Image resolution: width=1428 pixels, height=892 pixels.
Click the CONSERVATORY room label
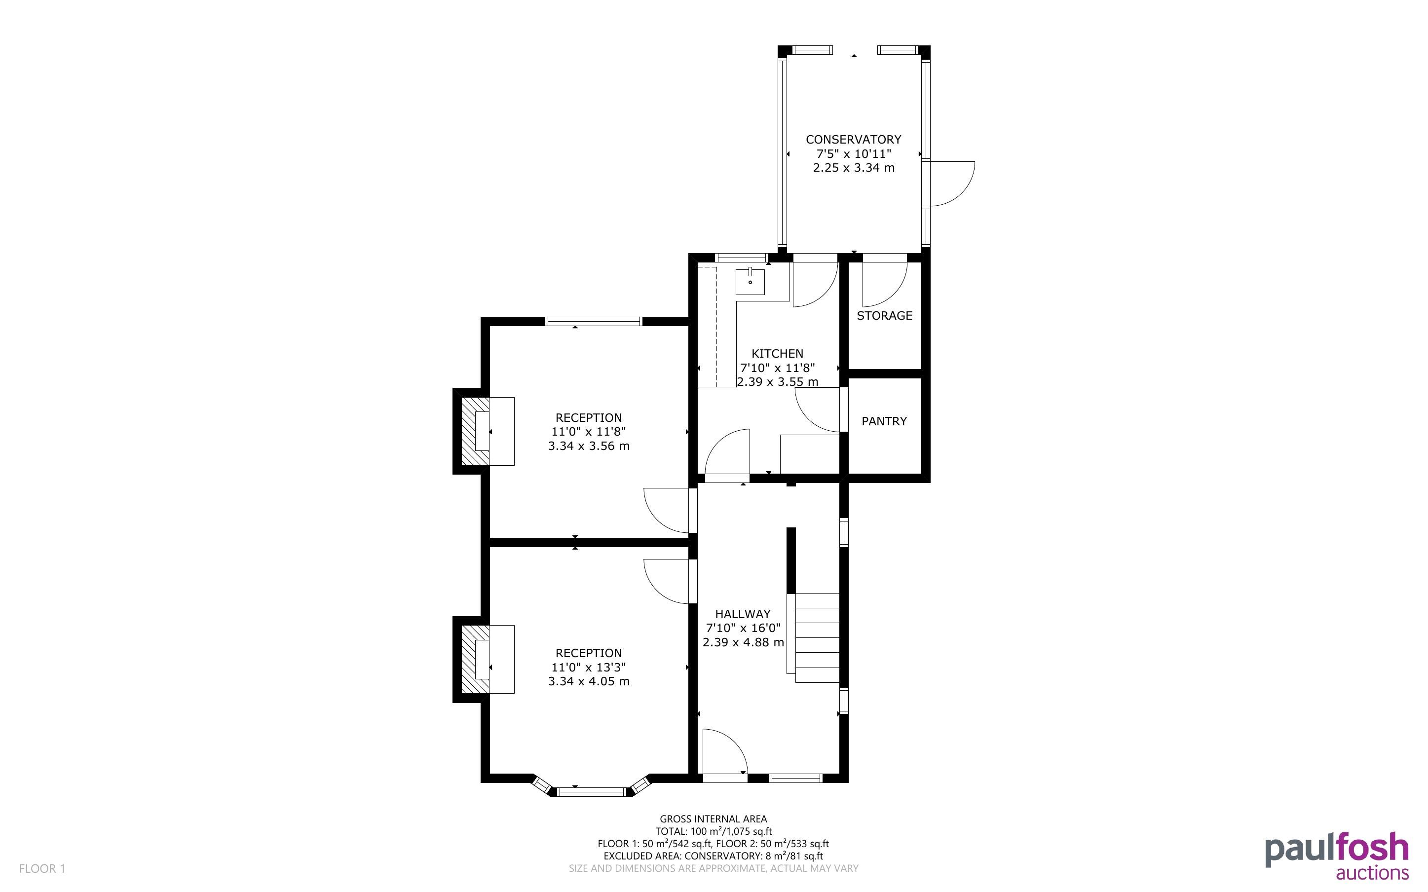tap(854, 140)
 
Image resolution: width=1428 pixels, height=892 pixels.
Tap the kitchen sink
tap(750, 281)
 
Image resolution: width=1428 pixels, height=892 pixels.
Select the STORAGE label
tap(884, 316)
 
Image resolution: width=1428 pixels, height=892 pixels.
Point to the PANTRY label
tap(884, 421)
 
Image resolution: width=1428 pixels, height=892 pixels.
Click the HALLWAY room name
tap(743, 614)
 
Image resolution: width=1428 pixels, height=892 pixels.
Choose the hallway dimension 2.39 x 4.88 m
tap(743, 642)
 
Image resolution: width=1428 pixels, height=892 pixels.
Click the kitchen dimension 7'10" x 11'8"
tap(778, 368)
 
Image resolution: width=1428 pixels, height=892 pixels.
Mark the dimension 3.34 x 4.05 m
tap(589, 681)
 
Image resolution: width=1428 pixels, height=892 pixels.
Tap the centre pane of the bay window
tap(592, 792)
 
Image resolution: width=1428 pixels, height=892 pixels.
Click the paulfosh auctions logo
tap(1337, 856)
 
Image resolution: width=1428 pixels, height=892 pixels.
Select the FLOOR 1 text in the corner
tap(42, 869)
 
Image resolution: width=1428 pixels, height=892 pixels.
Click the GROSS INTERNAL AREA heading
tap(713, 819)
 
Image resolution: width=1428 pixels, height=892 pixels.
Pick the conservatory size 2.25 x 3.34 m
tap(854, 168)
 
